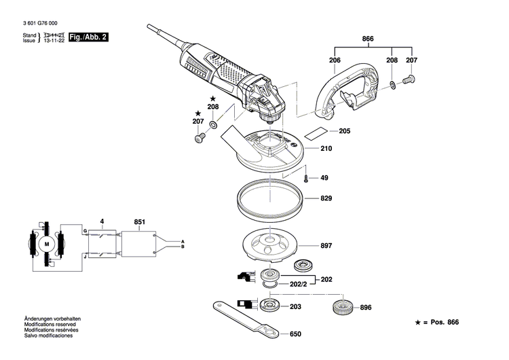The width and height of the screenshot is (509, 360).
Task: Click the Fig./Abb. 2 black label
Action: [91, 37]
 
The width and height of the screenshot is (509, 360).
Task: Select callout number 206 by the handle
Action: [335, 60]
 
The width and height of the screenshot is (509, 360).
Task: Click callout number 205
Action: [344, 131]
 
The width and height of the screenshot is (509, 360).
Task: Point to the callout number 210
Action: [326, 148]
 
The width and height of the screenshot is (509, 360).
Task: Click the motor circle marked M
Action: [47, 243]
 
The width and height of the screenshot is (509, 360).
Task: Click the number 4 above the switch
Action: [102, 221]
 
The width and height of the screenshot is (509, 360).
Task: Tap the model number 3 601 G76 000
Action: [40, 22]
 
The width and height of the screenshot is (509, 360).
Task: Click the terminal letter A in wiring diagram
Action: [183, 241]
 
